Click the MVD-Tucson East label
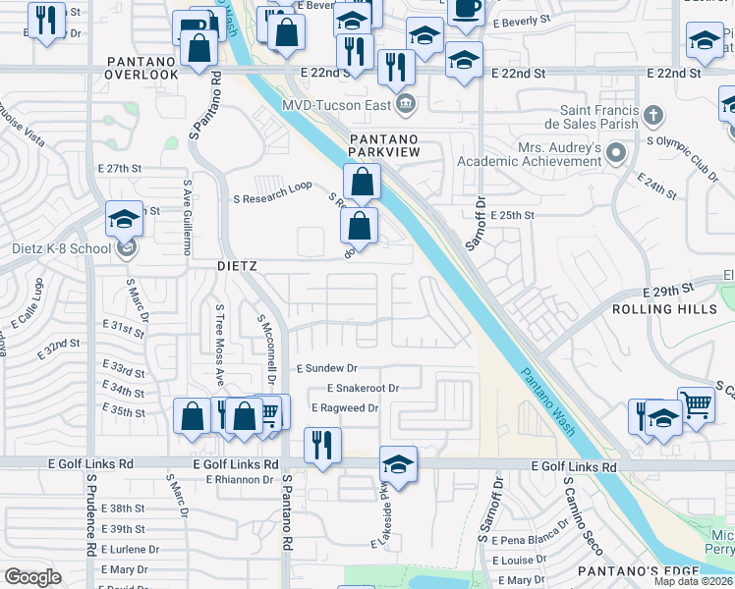[x=337, y=105]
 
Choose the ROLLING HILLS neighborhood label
[x=664, y=309]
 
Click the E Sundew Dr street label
[x=333, y=368]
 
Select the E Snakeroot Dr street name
[x=364, y=389]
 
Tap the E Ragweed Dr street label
[x=345, y=408]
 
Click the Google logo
[x=32, y=577]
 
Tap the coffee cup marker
[x=466, y=8]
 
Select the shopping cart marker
[x=696, y=402]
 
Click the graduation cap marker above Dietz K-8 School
[x=125, y=219]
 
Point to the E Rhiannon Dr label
[x=239, y=480]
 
